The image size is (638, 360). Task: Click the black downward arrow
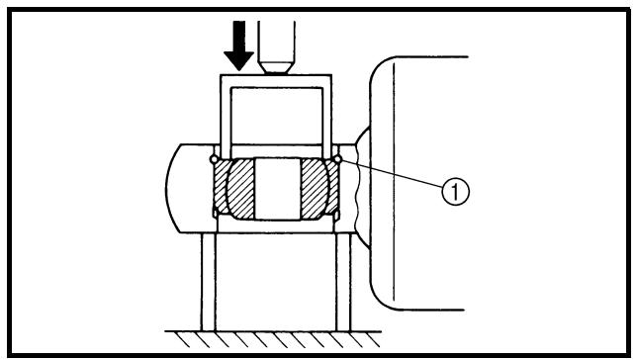pos(238,45)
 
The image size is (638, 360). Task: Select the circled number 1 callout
pos(455,191)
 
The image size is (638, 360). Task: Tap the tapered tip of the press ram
pos(277,67)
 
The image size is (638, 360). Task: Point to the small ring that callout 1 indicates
pos(337,159)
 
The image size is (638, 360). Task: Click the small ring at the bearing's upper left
pos(214,159)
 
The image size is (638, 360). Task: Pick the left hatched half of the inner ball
pos(240,189)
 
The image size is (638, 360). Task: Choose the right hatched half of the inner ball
pos(315,189)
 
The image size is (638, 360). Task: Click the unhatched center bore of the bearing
pos(278,189)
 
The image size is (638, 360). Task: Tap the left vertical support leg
pos(209,282)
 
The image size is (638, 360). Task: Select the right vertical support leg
pos(343,282)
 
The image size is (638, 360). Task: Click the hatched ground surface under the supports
pos(273,339)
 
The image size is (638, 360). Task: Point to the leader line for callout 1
pos(392,174)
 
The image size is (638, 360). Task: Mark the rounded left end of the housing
pos(171,189)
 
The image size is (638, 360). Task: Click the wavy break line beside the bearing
pos(356,189)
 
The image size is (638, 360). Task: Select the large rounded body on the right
pos(418,183)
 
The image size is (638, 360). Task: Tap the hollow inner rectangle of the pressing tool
pos(277,116)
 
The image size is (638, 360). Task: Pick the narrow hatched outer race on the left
pos(221,187)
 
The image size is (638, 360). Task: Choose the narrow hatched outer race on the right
pos(332,187)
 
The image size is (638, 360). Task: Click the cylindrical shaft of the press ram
pos(277,41)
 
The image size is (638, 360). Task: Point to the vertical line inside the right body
pos(394,181)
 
